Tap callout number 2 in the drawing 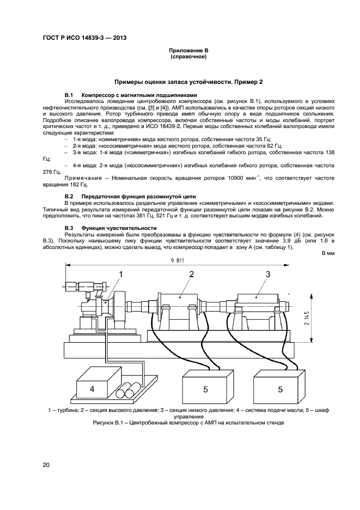[x=191, y=274]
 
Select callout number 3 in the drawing [x=267, y=274]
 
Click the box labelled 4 [x=92, y=389]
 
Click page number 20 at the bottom [x=46, y=465]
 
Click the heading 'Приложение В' [x=188, y=50]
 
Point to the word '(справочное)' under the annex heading [x=188, y=56]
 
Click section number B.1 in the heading [x=69, y=95]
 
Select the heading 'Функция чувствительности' [x=119, y=227]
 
